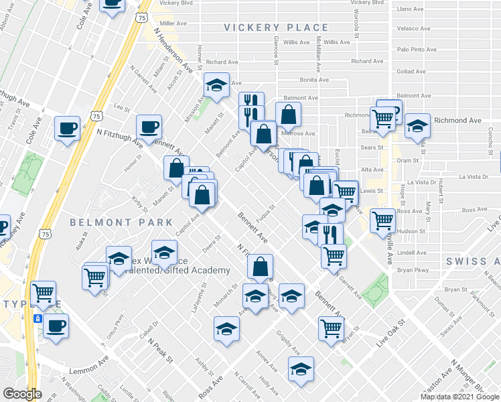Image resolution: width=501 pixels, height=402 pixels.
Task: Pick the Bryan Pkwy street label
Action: point(413,270)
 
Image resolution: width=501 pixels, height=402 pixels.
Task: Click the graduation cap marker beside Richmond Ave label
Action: point(417,126)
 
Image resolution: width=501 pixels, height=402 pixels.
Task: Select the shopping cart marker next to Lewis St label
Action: point(345,190)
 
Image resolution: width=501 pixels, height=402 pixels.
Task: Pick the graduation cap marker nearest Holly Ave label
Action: point(301,368)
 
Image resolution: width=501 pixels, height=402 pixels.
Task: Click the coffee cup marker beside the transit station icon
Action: point(56,326)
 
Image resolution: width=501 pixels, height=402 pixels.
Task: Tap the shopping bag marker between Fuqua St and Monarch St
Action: point(260,266)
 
